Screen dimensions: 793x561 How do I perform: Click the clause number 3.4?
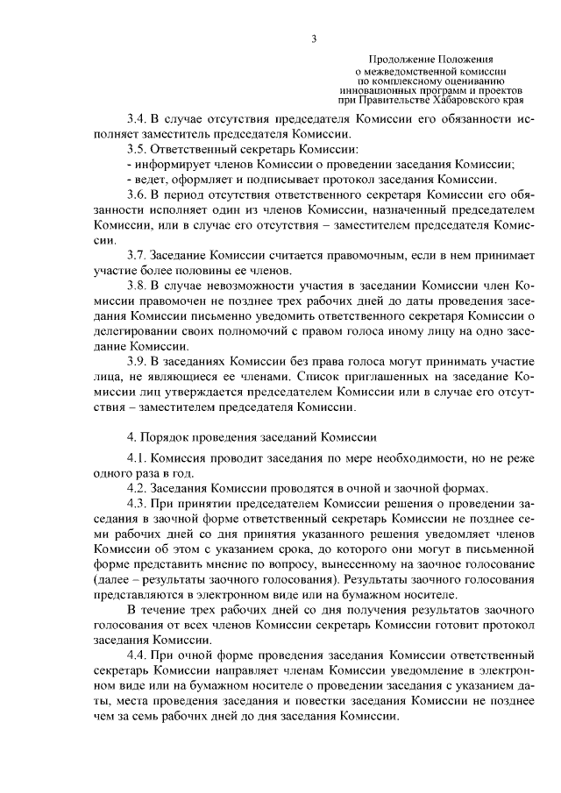pyautogui.click(x=138, y=117)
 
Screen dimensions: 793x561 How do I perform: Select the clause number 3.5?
pyautogui.click(x=138, y=149)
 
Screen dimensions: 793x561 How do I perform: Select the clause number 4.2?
pyautogui.click(x=138, y=489)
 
